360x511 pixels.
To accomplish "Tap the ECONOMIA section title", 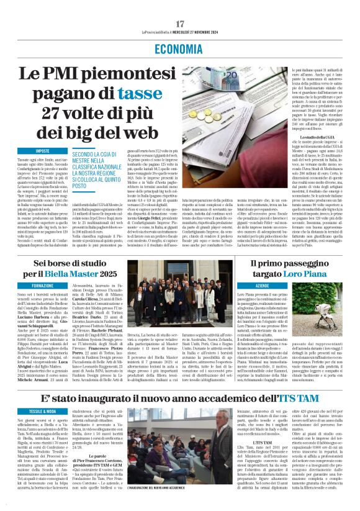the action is pos(180,50).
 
